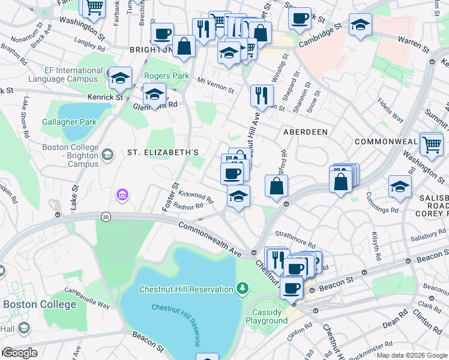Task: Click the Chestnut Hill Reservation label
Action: [186, 289]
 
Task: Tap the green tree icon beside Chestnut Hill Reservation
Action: [243, 289]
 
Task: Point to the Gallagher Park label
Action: [69, 122]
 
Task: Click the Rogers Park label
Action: [166, 76]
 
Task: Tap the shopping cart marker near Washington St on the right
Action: [432, 145]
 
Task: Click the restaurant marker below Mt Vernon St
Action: [262, 94]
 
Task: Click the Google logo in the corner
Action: [20, 353]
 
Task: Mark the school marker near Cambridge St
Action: [361, 24]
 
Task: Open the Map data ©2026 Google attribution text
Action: [411, 355]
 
